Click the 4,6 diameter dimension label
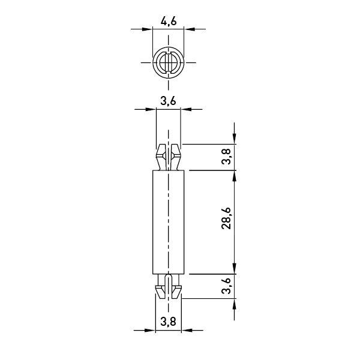pyautogui.click(x=169, y=22)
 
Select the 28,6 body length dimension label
pyautogui.click(x=226, y=218)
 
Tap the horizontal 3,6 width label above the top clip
pyautogui.click(x=168, y=101)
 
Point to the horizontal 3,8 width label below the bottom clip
pyautogui.click(x=168, y=322)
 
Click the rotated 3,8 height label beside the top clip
pyautogui.click(x=226, y=157)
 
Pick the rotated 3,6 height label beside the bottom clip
pyautogui.click(x=226, y=286)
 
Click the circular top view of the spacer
pyautogui.click(x=169, y=62)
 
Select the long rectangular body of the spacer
pyautogui.click(x=168, y=222)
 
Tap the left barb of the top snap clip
pyautogui.click(x=161, y=157)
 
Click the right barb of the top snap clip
pyautogui.click(x=176, y=157)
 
